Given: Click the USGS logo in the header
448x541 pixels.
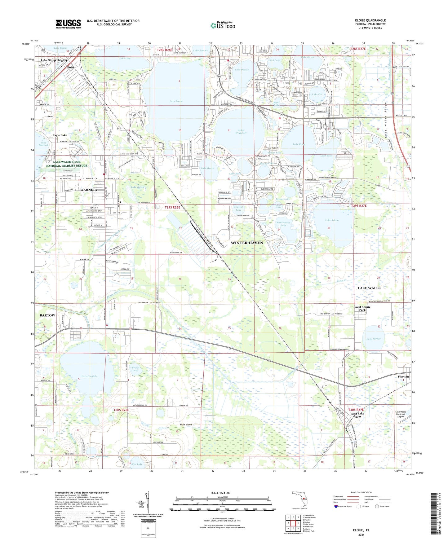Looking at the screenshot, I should click(x=68, y=24).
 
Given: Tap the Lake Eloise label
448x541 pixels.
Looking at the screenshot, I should click(x=176, y=101).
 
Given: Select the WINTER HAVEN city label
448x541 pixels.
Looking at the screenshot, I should click(x=247, y=243).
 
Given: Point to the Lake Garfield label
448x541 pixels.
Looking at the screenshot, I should click(x=89, y=376).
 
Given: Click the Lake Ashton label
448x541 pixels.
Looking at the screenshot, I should click(x=332, y=220).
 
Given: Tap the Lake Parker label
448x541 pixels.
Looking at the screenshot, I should click(x=373, y=339).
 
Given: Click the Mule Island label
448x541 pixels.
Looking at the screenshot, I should click(x=186, y=424).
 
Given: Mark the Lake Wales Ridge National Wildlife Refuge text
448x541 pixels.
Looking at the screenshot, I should click(x=67, y=164).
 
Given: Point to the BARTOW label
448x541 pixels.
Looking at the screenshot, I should click(x=47, y=315).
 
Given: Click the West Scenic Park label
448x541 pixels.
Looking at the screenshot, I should click(x=362, y=308).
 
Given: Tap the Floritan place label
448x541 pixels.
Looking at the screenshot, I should click(x=403, y=377).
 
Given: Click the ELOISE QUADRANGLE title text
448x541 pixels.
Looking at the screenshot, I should click(x=370, y=20).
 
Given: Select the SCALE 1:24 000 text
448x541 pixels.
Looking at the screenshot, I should click(x=220, y=493).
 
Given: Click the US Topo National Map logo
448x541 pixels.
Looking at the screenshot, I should click(x=223, y=25).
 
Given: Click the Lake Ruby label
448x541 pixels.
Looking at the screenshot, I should click(x=299, y=144).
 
